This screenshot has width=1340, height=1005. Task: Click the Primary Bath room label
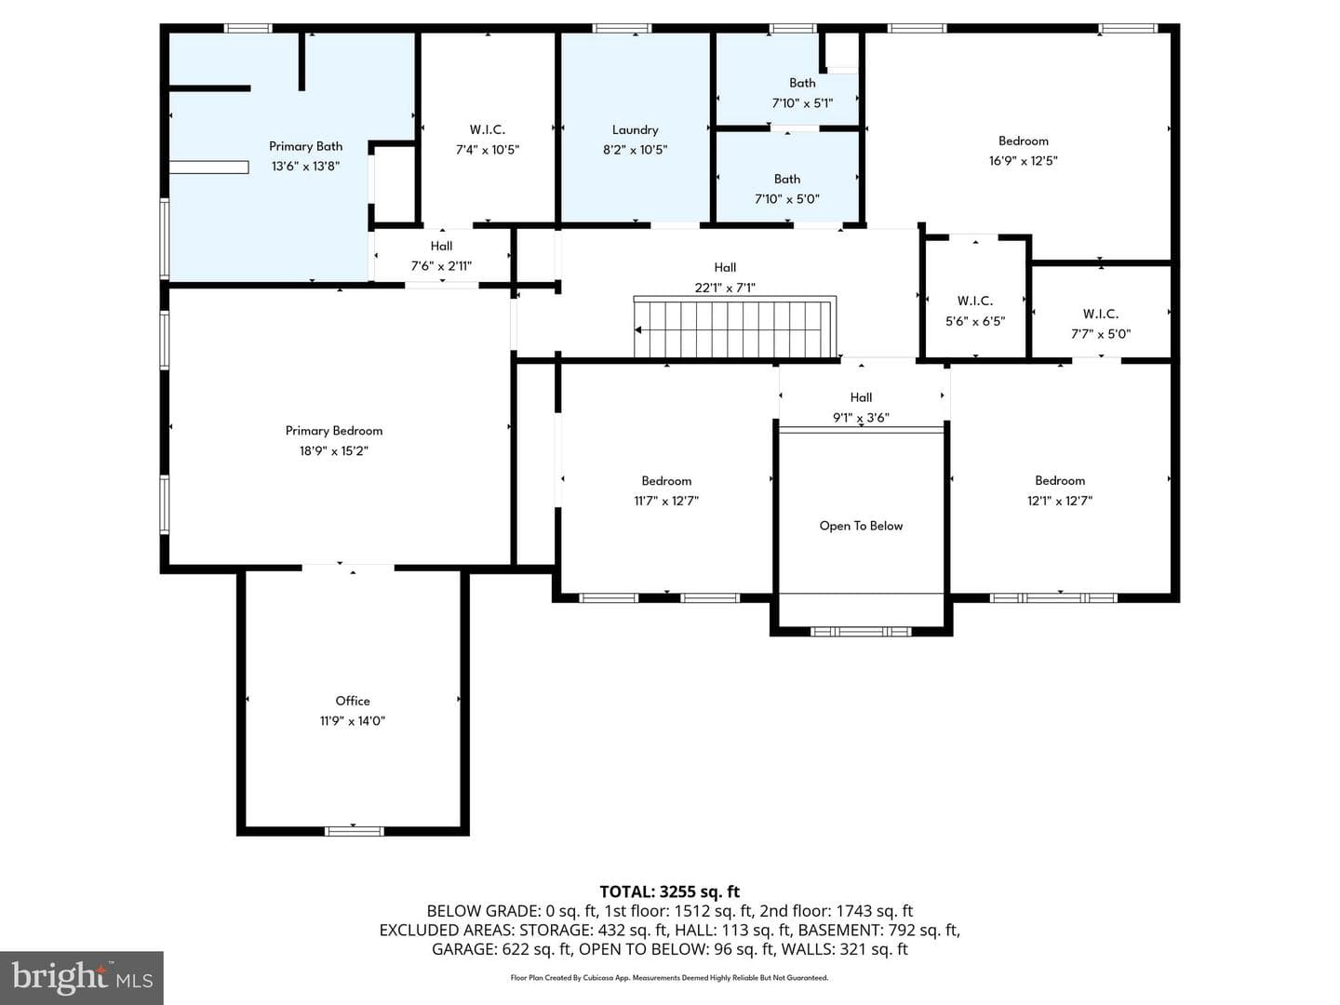[x=305, y=146]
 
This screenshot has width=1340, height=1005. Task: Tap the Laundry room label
[x=635, y=130]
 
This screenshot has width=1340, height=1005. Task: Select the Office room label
[x=353, y=701]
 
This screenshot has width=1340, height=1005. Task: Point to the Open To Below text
[x=861, y=526]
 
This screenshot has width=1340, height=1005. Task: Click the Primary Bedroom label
[x=334, y=431]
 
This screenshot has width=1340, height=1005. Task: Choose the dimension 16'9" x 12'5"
[x=1024, y=161]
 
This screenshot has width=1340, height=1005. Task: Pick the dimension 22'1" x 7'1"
[x=725, y=288]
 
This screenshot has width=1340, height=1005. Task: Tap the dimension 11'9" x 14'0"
[x=353, y=720]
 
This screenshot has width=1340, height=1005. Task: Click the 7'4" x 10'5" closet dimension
[x=488, y=150]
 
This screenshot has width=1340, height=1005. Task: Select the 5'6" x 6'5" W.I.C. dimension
[x=975, y=321]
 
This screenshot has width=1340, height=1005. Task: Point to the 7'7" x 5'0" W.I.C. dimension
[x=1101, y=334]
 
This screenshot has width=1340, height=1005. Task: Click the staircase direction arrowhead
[x=638, y=330]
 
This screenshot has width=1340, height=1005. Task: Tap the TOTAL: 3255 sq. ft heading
[x=670, y=892]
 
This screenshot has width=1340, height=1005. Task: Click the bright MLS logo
[x=82, y=977]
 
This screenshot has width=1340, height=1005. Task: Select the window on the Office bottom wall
[x=355, y=831]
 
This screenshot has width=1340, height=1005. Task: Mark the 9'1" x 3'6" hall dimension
[x=861, y=418]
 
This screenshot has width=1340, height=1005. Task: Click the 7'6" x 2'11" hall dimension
[x=441, y=266]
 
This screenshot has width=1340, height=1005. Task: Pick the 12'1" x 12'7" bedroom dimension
[x=1060, y=501]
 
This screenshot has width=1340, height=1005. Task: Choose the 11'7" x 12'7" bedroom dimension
[x=666, y=501]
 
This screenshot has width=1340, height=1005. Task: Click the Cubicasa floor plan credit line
[x=669, y=977]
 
